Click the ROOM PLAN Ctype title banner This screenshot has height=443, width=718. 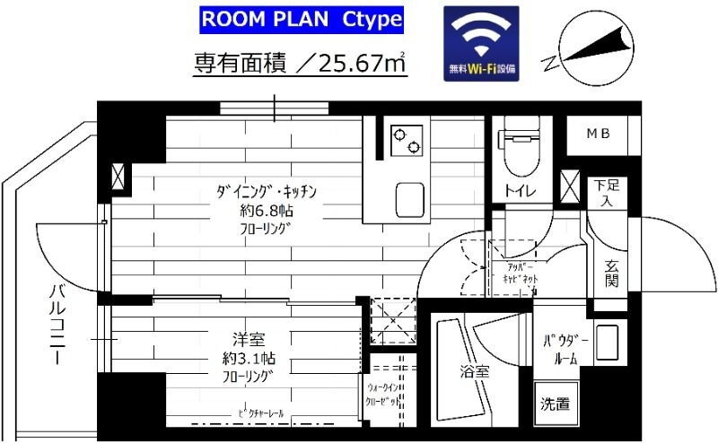[301, 20]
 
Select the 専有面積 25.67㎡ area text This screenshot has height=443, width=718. [301, 63]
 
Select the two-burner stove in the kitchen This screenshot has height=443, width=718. [405, 139]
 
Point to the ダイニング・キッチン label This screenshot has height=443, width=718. [267, 192]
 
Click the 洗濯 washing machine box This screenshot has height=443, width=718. [555, 404]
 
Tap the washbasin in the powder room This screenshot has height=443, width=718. [606, 343]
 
